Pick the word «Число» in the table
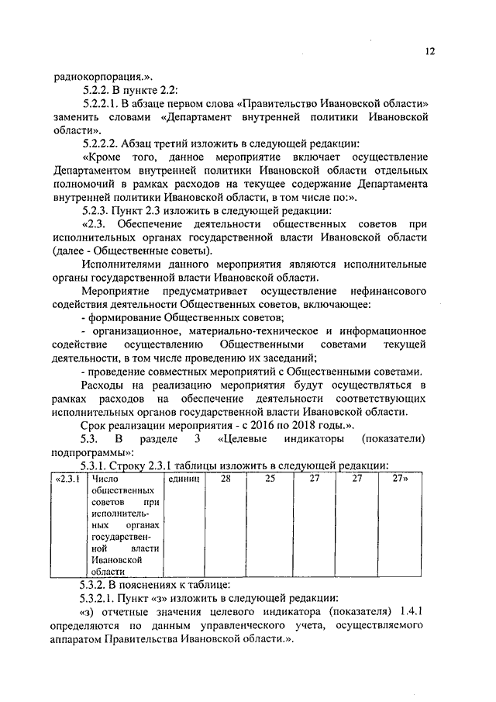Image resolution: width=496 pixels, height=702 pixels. pyautogui.click(x=103, y=479)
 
